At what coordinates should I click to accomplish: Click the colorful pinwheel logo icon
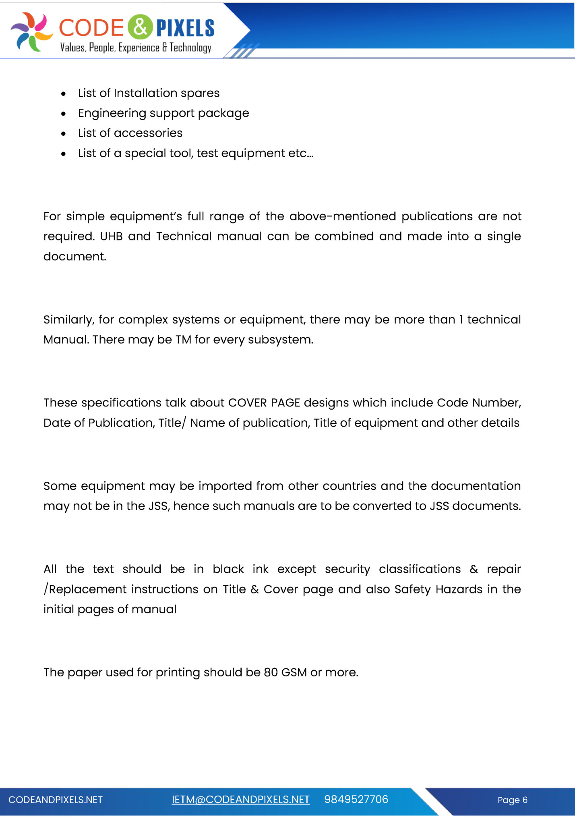[x=31, y=32]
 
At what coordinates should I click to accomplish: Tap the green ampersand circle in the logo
[x=140, y=27]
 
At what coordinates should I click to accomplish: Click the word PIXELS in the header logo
[x=185, y=28]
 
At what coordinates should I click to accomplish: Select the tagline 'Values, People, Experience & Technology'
[x=136, y=48]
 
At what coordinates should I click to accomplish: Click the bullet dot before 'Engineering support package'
[x=63, y=114]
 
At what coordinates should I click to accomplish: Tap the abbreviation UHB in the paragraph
[x=111, y=236]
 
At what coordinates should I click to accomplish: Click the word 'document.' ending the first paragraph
[x=75, y=256]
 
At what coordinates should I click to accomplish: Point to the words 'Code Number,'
[x=479, y=402]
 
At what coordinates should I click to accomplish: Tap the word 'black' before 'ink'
[x=228, y=569]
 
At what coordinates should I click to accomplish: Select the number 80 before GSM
[x=271, y=672]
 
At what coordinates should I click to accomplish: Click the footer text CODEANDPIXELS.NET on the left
[x=56, y=800]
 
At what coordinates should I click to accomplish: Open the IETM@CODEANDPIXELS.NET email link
[x=240, y=800]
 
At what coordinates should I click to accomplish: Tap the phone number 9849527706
[x=356, y=800]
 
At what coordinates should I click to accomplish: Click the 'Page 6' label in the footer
[x=512, y=800]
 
